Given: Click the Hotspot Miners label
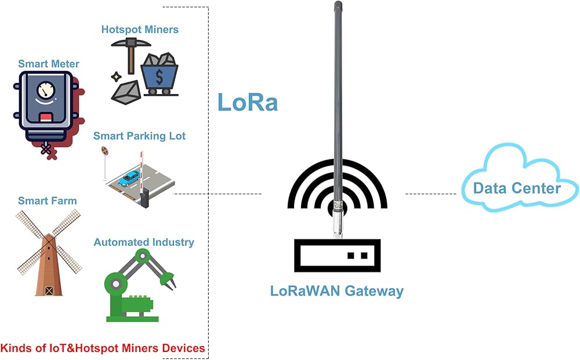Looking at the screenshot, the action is point(140,30).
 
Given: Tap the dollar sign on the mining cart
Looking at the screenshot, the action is point(159,77).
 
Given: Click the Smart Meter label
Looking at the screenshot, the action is point(49,64).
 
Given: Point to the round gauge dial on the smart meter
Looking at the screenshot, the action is point(46,90).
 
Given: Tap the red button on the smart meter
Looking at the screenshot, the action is point(46,118).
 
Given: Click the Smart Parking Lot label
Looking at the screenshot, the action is point(139,136).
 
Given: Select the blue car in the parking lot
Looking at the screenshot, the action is point(129,178).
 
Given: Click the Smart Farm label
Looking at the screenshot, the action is point(48,201).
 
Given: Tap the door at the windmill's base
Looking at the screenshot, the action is point(49,290).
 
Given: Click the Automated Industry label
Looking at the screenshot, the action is point(143,242).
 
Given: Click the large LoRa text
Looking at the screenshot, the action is point(248,102).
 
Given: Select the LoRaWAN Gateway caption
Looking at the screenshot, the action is point(336,291).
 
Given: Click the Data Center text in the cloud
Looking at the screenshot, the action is point(517,188).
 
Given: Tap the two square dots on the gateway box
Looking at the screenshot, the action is point(357,256).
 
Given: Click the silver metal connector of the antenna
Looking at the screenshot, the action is point(338,219).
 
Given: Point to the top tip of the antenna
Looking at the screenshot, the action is point(338,2).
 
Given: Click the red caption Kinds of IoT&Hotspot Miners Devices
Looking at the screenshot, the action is point(103,348).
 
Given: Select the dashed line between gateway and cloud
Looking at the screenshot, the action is point(431,194).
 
